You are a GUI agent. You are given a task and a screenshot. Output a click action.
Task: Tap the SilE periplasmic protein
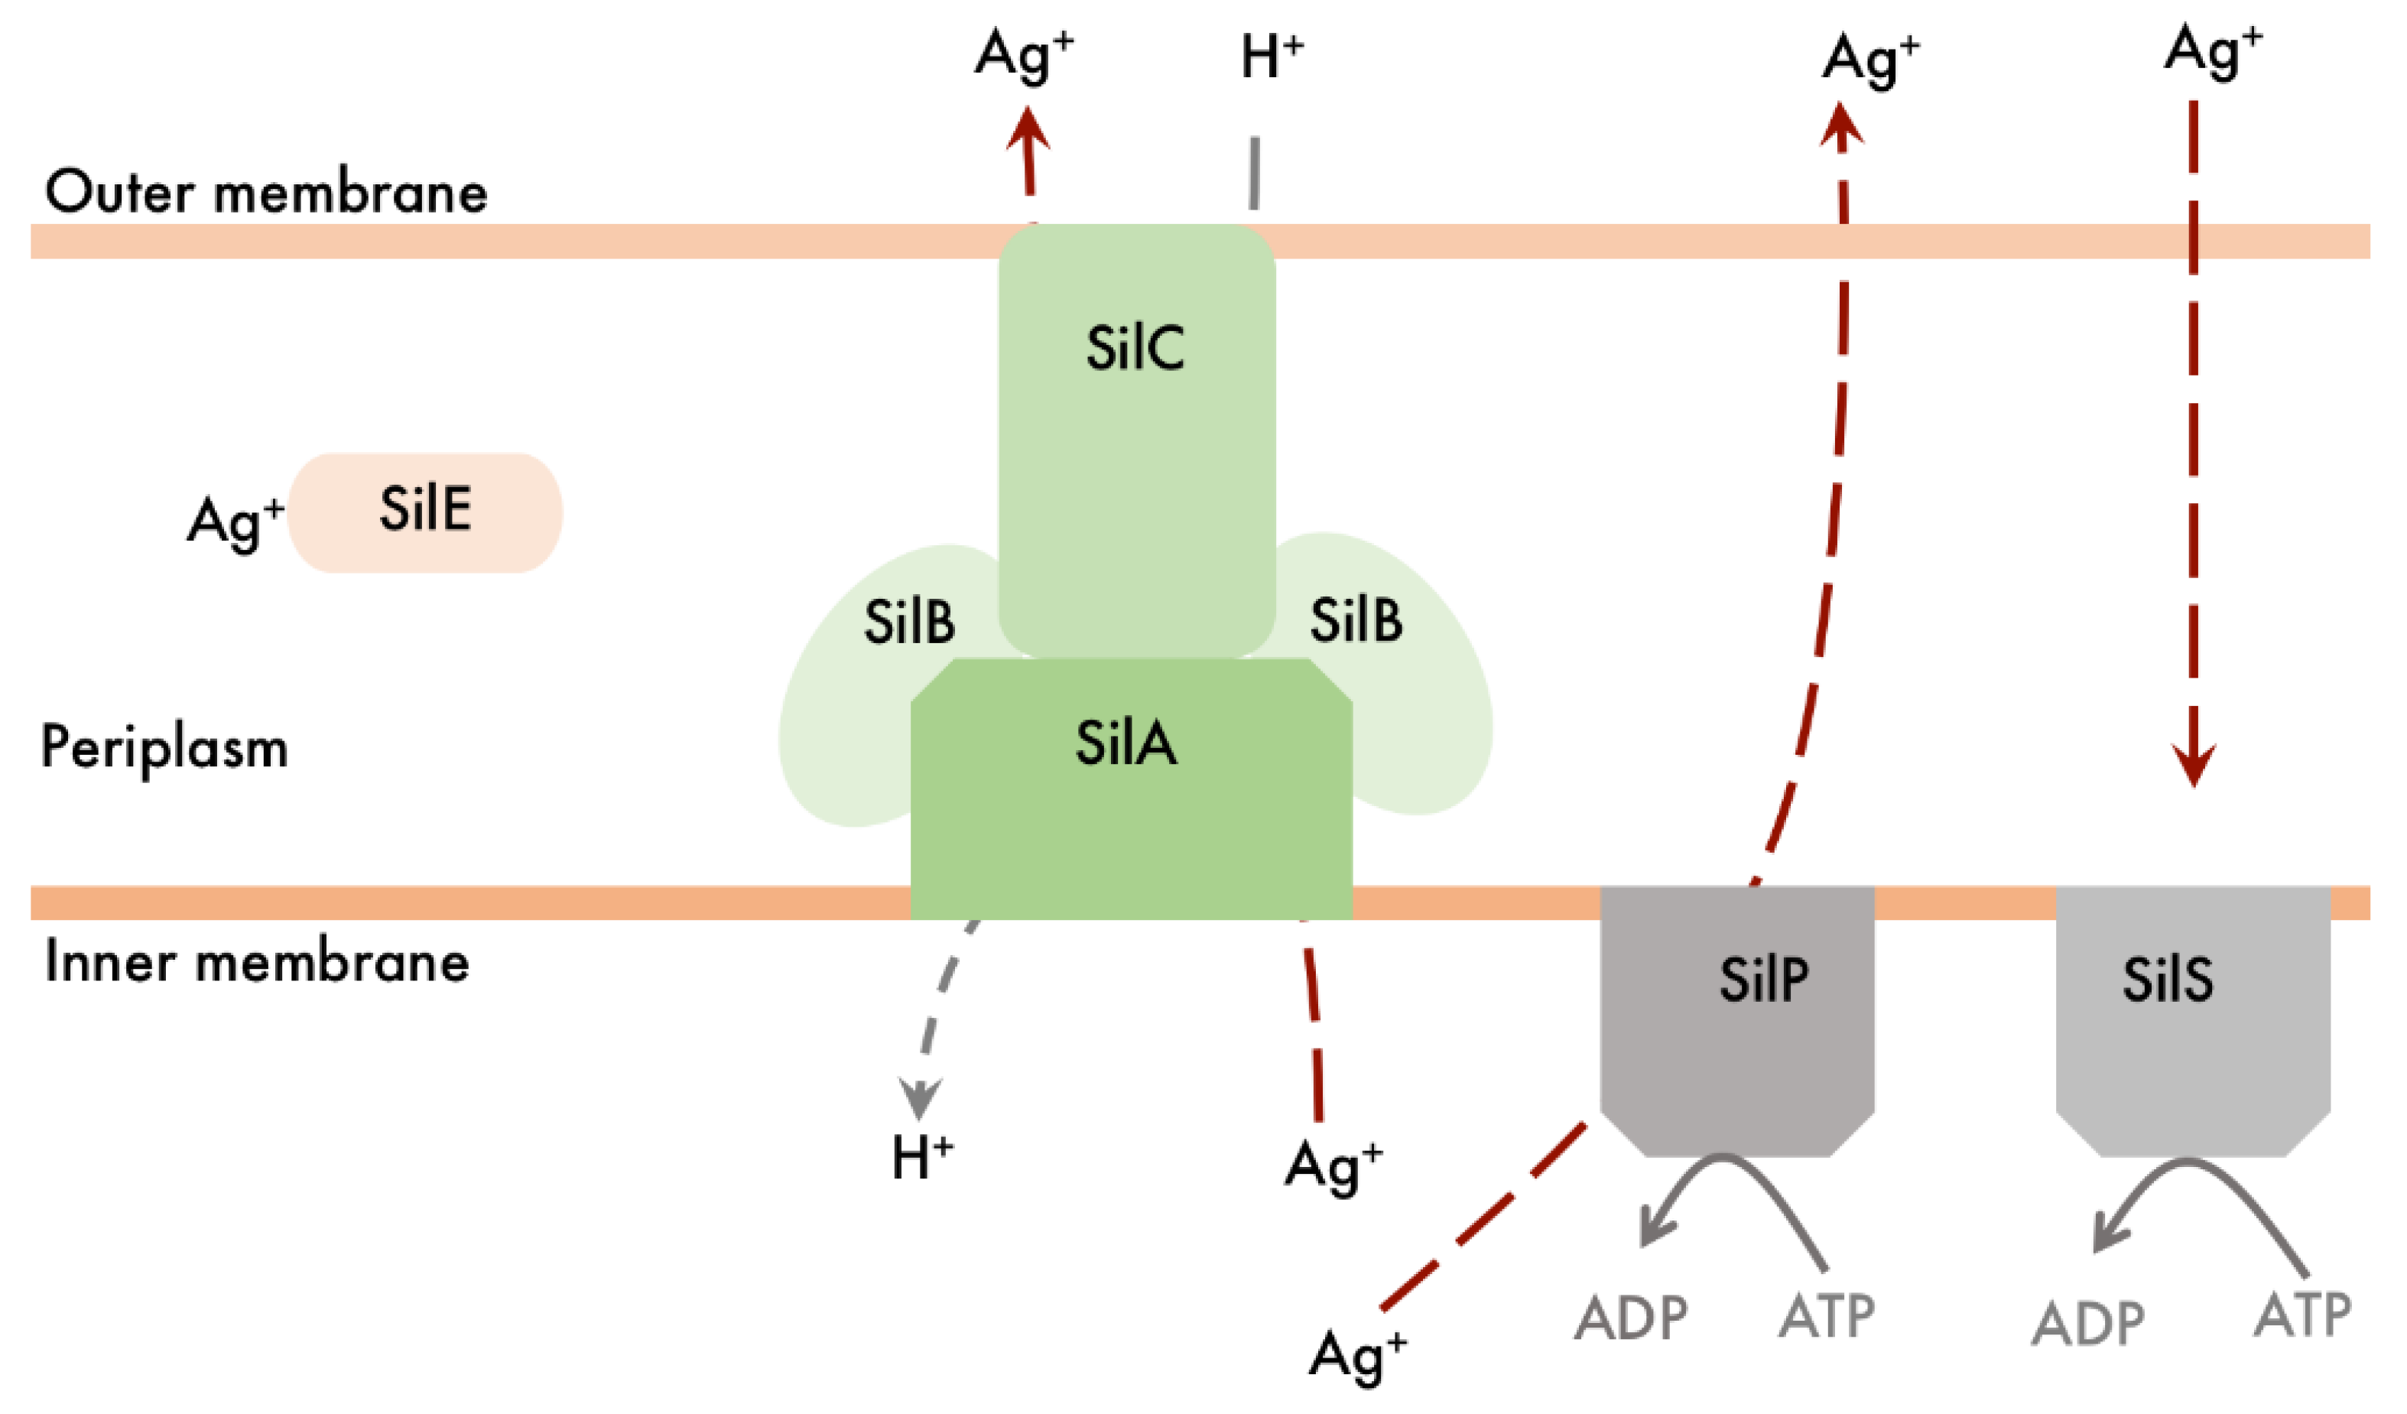(x=425, y=512)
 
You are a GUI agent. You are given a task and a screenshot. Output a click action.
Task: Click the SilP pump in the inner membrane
(x=1736, y=1013)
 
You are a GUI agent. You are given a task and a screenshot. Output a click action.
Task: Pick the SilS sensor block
(x=2193, y=1013)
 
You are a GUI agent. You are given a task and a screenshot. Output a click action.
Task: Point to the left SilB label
(x=908, y=622)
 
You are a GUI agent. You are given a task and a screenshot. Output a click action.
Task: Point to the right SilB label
(x=1356, y=620)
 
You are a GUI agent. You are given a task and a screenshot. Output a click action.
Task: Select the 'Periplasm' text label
(x=164, y=748)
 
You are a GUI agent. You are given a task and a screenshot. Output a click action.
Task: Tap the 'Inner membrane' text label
(x=257, y=962)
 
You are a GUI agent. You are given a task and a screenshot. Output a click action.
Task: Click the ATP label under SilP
(x=1826, y=1317)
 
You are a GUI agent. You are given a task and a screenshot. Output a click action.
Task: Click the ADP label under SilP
(x=1630, y=1318)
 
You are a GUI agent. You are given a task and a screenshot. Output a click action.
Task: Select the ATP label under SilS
(x=2302, y=1315)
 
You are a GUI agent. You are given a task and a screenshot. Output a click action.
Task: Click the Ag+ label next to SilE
(x=235, y=522)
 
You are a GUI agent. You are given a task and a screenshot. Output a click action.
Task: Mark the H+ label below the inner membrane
(x=921, y=1158)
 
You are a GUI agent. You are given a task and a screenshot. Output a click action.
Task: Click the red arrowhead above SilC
(x=1028, y=129)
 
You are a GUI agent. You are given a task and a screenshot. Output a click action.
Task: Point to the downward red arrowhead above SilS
(x=2194, y=763)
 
